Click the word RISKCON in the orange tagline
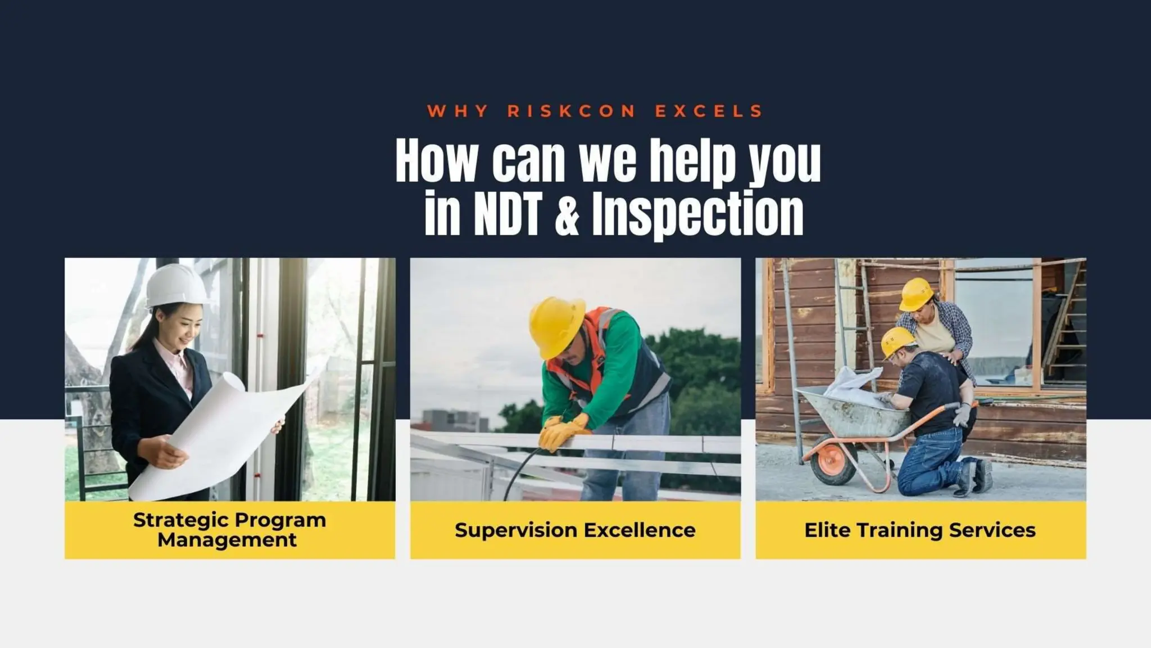tap(571, 111)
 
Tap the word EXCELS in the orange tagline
tap(709, 111)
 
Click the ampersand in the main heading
tap(567, 214)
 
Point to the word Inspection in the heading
tap(697, 214)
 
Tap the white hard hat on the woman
tap(175, 286)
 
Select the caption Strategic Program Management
tap(229, 529)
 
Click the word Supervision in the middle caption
tap(515, 530)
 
